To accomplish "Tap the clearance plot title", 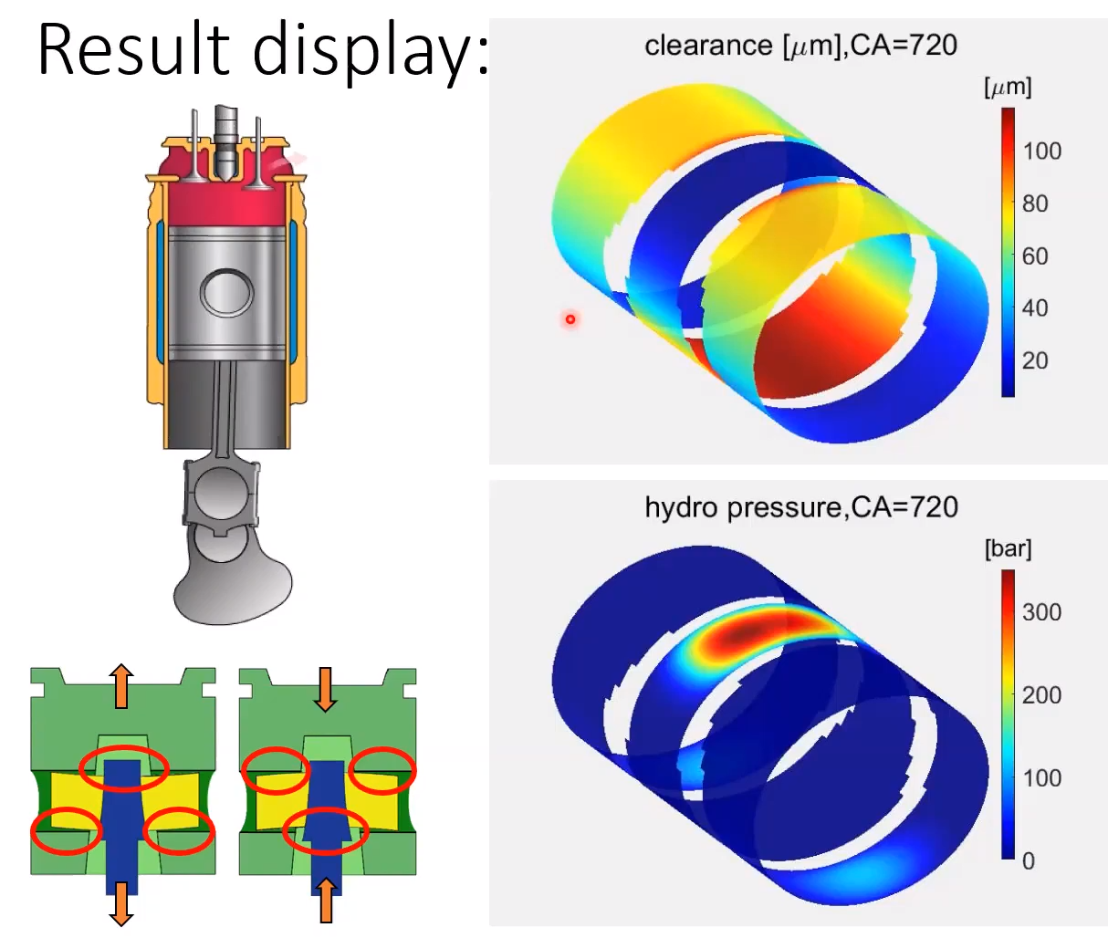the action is click(x=800, y=46).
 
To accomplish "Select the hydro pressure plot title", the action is click(x=801, y=507).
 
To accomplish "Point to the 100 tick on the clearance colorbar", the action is click(x=1041, y=151).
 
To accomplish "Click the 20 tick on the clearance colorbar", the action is click(x=1035, y=360).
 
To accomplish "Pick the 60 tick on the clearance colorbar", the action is click(x=1035, y=256).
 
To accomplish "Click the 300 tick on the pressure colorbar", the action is click(x=1041, y=612).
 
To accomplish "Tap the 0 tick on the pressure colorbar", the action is click(x=1028, y=861).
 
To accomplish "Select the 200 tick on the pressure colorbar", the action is click(x=1041, y=695).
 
